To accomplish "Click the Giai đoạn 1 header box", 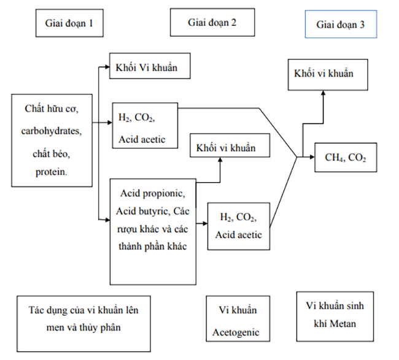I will click(x=69, y=24).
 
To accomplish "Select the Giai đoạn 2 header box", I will click(x=212, y=23).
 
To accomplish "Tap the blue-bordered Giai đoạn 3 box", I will click(x=340, y=25).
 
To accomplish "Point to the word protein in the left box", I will click(x=52, y=172).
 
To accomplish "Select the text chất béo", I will click(x=52, y=152).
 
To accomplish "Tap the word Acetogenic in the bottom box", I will click(x=236, y=332).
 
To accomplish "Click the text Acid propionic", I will click(x=152, y=194).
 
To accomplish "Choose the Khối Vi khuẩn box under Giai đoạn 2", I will click(x=146, y=67).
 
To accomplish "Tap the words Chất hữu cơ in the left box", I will click(x=52, y=109).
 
